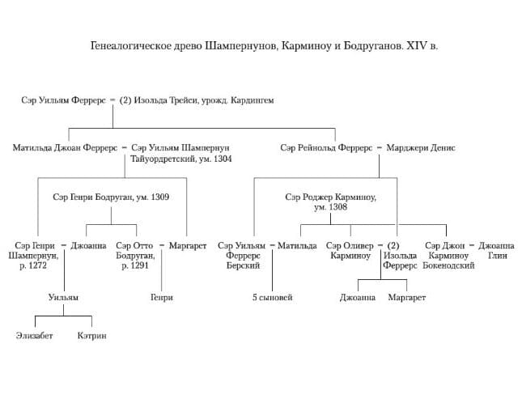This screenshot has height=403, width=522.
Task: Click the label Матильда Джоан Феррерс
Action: point(65,148)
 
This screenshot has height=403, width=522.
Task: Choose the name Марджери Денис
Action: point(421,148)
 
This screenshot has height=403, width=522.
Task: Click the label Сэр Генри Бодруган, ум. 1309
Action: point(111,197)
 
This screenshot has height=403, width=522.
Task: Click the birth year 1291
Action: point(135,265)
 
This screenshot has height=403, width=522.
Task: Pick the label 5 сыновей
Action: point(272,298)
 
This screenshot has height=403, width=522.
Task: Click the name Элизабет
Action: point(34,336)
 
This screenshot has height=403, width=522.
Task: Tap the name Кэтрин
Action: point(91,336)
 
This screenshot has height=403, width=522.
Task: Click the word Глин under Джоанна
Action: point(497,255)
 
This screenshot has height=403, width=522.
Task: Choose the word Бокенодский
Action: point(448,265)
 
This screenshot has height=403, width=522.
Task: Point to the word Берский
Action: point(244,265)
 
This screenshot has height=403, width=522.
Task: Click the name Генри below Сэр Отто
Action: point(162,298)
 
